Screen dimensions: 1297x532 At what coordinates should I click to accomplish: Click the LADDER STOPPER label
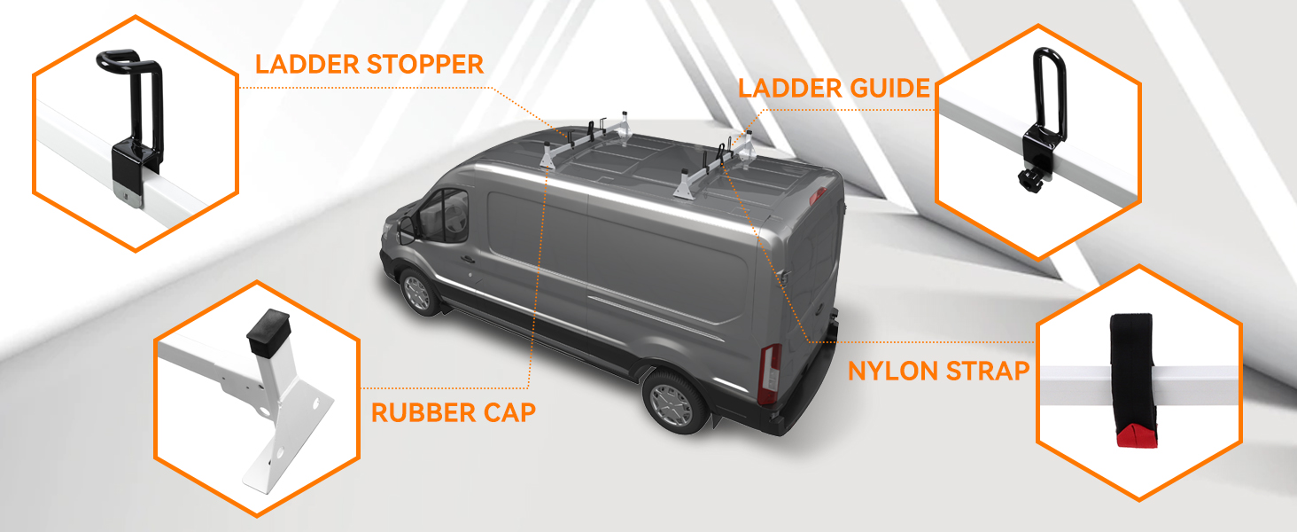tap(369, 64)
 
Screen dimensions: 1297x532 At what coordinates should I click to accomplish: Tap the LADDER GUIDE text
tap(834, 88)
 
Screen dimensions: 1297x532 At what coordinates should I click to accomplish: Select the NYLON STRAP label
tap(938, 371)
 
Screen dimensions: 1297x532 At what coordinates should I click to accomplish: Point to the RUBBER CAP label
tap(453, 412)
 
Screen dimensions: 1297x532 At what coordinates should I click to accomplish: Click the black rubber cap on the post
tap(266, 330)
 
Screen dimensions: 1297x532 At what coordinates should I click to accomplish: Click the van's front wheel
tap(415, 292)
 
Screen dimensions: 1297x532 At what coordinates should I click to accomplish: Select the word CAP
tap(505, 412)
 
